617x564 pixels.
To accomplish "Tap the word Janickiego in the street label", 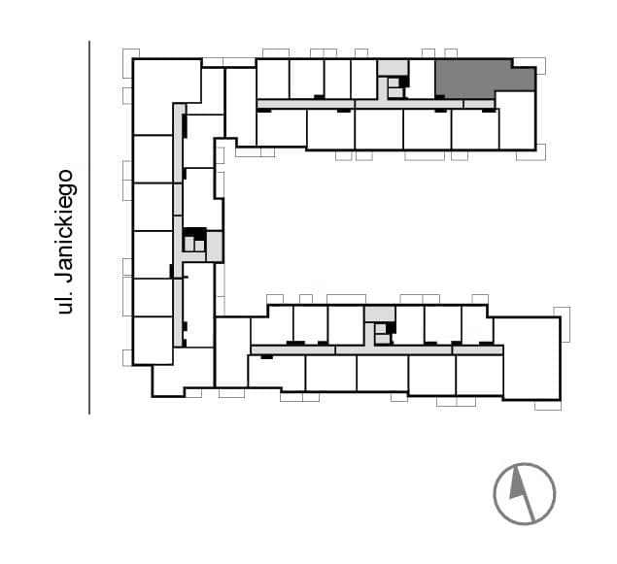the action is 63,226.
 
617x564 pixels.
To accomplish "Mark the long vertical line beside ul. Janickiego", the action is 89,227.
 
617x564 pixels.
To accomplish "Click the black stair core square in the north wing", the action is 404,82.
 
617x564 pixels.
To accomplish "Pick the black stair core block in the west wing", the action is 195,233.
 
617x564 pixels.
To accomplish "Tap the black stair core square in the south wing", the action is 391,327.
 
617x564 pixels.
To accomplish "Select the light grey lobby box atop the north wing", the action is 393,68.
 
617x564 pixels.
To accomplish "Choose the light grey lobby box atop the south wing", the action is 380,314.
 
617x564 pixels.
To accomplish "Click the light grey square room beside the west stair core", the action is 215,247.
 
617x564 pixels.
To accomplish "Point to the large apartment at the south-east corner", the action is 531,358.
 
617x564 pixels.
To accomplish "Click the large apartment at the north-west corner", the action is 167,96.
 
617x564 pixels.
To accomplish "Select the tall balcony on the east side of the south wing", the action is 563,324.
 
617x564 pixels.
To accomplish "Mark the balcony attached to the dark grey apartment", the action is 531,65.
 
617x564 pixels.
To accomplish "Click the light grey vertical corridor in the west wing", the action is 179,225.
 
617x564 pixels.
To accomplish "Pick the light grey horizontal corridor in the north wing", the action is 375,104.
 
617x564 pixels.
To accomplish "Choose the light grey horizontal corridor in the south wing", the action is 377,349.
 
